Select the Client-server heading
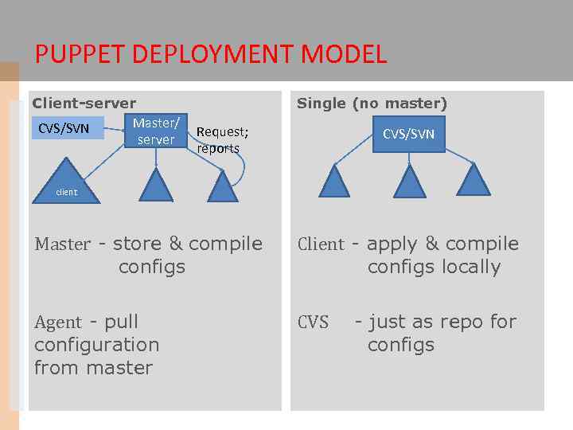pos(84,104)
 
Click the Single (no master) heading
pos(372,104)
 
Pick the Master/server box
pos(156,131)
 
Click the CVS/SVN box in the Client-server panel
pos(67,128)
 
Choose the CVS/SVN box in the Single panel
pos(408,133)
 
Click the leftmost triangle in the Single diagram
pos(335,182)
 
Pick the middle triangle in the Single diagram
pos(411,182)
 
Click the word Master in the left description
pos(62,244)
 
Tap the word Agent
pos(58,322)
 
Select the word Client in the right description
pos(321,244)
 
